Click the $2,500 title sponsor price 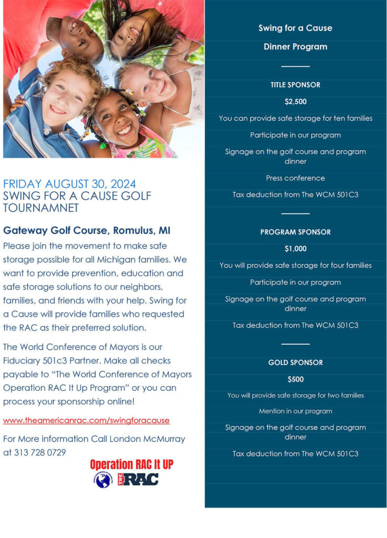click(x=295, y=101)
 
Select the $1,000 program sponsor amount click(x=295, y=249)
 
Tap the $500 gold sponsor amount click(x=295, y=379)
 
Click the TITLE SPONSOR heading click(x=295, y=85)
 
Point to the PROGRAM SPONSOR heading click(x=295, y=232)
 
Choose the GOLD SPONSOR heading click(x=295, y=363)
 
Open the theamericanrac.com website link click(x=86, y=420)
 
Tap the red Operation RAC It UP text click(x=131, y=464)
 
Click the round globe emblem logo click(x=103, y=479)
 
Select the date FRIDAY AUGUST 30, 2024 click(x=69, y=184)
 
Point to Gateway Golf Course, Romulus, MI click(x=87, y=231)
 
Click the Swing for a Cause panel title click(x=295, y=28)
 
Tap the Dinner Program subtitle click(x=295, y=47)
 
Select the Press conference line click(x=295, y=178)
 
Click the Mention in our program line click(x=295, y=411)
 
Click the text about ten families click(x=295, y=118)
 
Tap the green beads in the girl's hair click(x=102, y=145)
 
